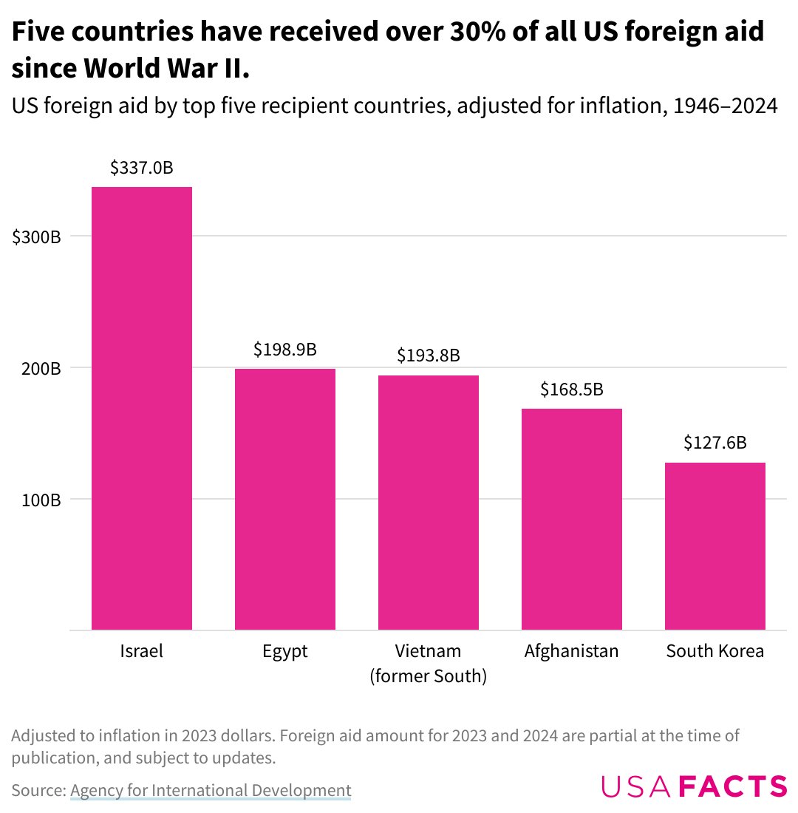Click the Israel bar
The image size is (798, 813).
141,408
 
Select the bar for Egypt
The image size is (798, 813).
284,499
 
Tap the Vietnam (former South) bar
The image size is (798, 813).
428,503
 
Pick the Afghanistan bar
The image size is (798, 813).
571,519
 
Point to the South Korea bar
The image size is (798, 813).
715,546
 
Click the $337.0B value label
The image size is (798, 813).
141,168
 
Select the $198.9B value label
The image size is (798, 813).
284,349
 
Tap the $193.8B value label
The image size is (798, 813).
428,356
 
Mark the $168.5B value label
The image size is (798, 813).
571,389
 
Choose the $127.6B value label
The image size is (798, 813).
715,443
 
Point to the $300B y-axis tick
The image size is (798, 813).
36,237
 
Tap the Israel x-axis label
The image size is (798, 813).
141,651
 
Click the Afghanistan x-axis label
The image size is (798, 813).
571,651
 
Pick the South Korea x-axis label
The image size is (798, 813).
715,651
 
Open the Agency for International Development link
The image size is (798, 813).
211,789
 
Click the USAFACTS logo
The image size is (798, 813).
694,786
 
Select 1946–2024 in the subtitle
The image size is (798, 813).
723,106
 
